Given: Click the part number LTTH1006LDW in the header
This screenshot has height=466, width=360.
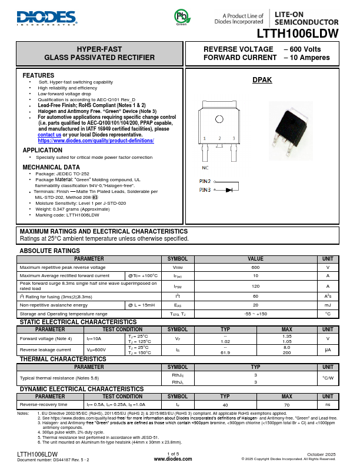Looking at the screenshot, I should click(x=297, y=34).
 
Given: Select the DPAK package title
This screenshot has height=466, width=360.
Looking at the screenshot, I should click(x=262, y=80).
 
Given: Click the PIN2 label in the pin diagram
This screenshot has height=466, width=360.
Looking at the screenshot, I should click(x=205, y=182).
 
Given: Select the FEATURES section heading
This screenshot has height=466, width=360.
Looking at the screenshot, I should click(x=38, y=76).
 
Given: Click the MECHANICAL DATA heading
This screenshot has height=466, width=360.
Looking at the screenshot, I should click(x=51, y=167).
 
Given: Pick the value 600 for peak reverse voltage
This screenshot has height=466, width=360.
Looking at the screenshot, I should click(x=255, y=267).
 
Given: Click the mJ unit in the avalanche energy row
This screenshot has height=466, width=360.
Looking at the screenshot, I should click(x=328, y=305).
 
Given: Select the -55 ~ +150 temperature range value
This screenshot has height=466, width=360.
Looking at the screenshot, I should click(x=255, y=314).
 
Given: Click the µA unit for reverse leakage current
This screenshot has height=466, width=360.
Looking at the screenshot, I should click(x=328, y=350).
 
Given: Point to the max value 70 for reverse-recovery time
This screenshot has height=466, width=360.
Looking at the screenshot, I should click(x=287, y=405).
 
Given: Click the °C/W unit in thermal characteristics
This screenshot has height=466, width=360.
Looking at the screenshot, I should click(x=328, y=378).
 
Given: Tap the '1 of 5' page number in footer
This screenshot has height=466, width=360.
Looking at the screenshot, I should click(x=173, y=453).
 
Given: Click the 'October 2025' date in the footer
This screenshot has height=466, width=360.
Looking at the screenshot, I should click(x=322, y=454).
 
